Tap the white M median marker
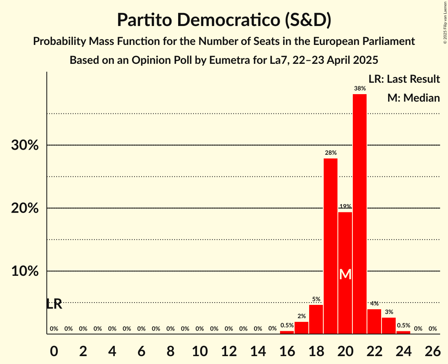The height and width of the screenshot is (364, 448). pyautogui.click(x=345, y=274)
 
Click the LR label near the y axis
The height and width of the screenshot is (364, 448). pyautogui.click(x=54, y=304)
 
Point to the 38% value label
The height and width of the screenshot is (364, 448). pyautogui.click(x=360, y=89)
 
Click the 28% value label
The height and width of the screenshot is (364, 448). pyautogui.click(x=330, y=153)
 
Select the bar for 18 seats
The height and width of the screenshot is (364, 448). pyautogui.click(x=316, y=319)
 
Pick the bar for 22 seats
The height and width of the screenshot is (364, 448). pyautogui.click(x=374, y=321)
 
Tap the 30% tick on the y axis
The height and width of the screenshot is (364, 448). pyautogui.click(x=25, y=145)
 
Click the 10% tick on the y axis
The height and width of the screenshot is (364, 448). pyautogui.click(x=25, y=271)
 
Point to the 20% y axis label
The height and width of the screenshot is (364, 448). pyautogui.click(x=25, y=208)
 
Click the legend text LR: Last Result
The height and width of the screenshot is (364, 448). pyautogui.click(x=404, y=79)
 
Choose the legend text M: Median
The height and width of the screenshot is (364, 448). pyautogui.click(x=413, y=98)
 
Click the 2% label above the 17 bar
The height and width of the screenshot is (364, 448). pyautogui.click(x=301, y=316)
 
